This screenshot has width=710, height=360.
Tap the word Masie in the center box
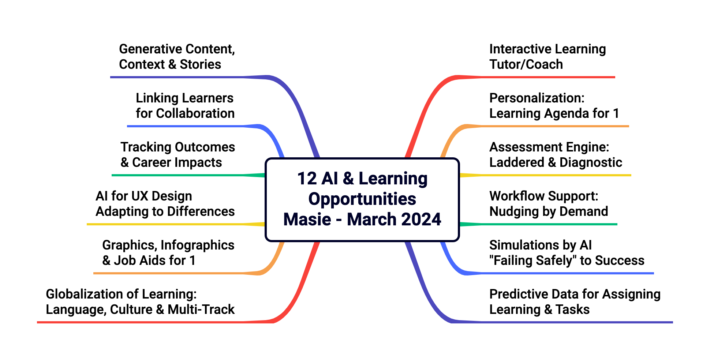click(307, 220)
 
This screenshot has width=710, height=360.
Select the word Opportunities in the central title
click(362, 199)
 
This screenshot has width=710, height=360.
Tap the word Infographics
click(197, 245)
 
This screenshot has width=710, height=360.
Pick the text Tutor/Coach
click(526, 64)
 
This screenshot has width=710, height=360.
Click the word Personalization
click(537, 98)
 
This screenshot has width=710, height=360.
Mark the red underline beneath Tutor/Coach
click(549, 77)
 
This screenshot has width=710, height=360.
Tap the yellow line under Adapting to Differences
click(165, 224)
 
